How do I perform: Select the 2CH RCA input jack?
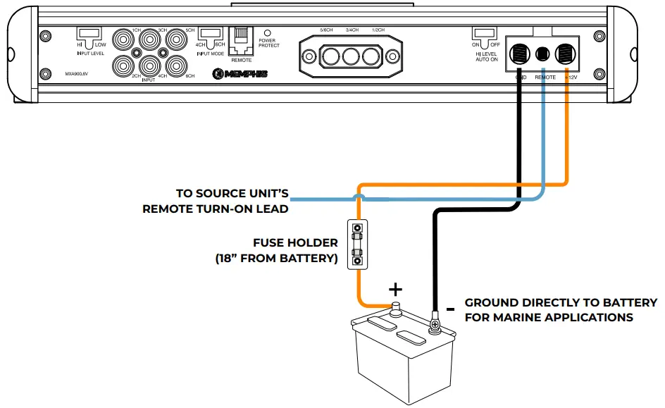point(124,67)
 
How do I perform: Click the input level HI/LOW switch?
point(89,34)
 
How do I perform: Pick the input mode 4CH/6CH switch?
point(209,34)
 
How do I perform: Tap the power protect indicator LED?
point(268,32)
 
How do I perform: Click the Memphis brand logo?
point(240,73)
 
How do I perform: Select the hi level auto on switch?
point(483,34)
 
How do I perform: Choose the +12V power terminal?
point(566,54)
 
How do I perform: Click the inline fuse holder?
point(359,244)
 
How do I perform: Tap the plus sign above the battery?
point(396,288)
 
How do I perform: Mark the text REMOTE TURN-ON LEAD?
point(215,209)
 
